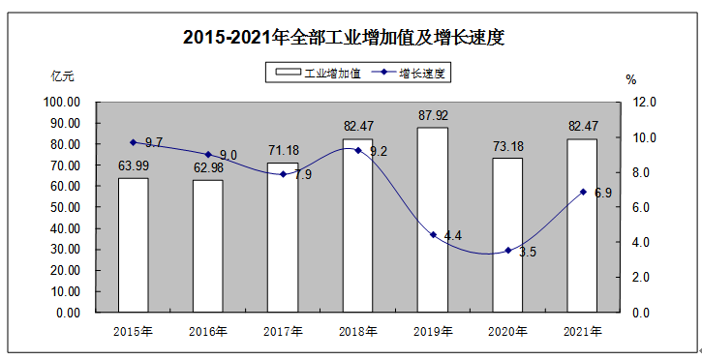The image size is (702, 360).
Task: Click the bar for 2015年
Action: [134, 245]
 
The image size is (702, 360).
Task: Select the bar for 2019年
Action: [433, 220]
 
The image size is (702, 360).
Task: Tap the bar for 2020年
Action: [507, 235]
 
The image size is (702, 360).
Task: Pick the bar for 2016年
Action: [208, 246]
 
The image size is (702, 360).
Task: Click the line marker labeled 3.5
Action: [507, 251]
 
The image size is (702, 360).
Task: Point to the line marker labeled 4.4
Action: [433, 234]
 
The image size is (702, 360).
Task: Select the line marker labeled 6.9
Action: [583, 192]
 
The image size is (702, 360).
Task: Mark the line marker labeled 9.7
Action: [134, 142]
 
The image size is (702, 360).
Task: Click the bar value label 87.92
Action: [433, 116]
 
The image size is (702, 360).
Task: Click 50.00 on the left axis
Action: [64, 207]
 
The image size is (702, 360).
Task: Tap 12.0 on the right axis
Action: [645, 102]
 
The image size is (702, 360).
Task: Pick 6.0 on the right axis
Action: [642, 207]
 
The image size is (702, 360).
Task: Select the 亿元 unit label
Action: [62, 76]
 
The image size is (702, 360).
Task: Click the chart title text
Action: [345, 39]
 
